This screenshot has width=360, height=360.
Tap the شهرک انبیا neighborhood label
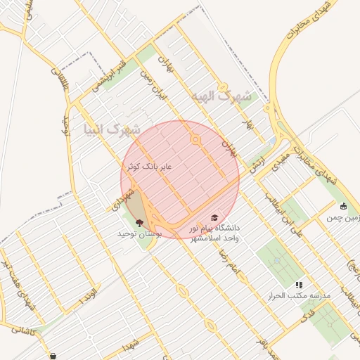[x=111, y=129]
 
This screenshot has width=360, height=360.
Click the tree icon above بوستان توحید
[x=139, y=223]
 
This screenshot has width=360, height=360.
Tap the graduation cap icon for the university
[x=214, y=218]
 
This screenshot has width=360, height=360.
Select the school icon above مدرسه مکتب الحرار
[x=299, y=285]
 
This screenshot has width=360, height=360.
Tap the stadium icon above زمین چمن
[x=343, y=207]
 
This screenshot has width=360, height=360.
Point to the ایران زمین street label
[x=154, y=82]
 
